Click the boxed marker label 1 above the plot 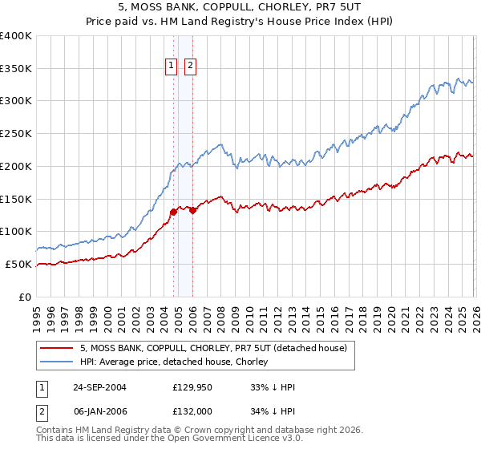172,67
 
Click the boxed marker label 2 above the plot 191,67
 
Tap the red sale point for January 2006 192,210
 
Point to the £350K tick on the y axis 16,69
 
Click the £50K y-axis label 18,264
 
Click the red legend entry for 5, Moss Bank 213,348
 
